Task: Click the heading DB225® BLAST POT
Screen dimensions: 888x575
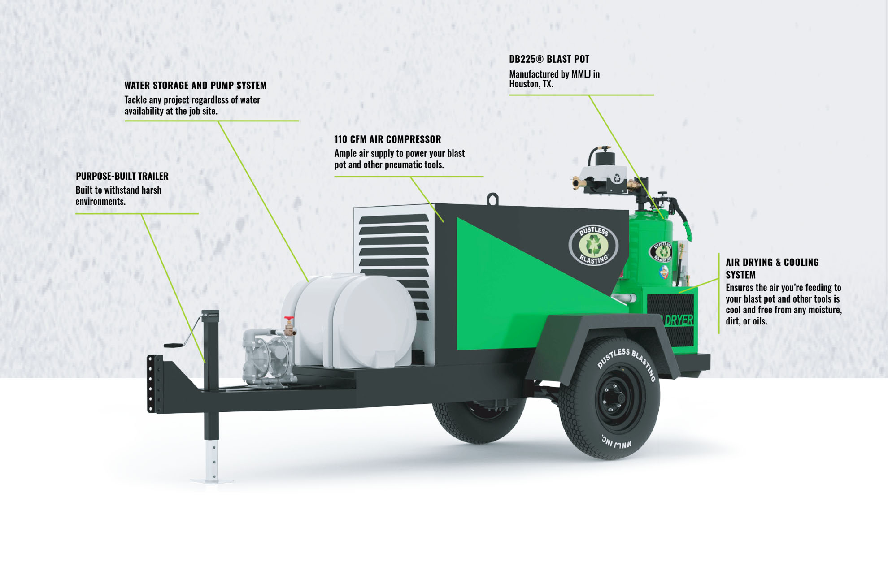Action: pos(549,59)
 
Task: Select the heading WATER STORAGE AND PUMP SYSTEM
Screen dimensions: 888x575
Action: pos(195,85)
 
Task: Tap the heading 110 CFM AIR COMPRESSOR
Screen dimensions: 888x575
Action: pos(387,139)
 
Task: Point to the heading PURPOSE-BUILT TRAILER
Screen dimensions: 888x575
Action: pos(122,176)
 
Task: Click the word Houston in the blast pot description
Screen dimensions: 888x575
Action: pos(523,84)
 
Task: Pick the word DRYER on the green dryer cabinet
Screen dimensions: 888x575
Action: pos(679,320)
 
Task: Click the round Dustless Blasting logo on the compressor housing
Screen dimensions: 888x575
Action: pos(593,245)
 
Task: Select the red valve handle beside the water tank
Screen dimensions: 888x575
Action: pos(289,319)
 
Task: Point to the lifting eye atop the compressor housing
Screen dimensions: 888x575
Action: pos(493,199)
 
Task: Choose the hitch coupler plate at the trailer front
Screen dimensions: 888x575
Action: pos(155,384)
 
